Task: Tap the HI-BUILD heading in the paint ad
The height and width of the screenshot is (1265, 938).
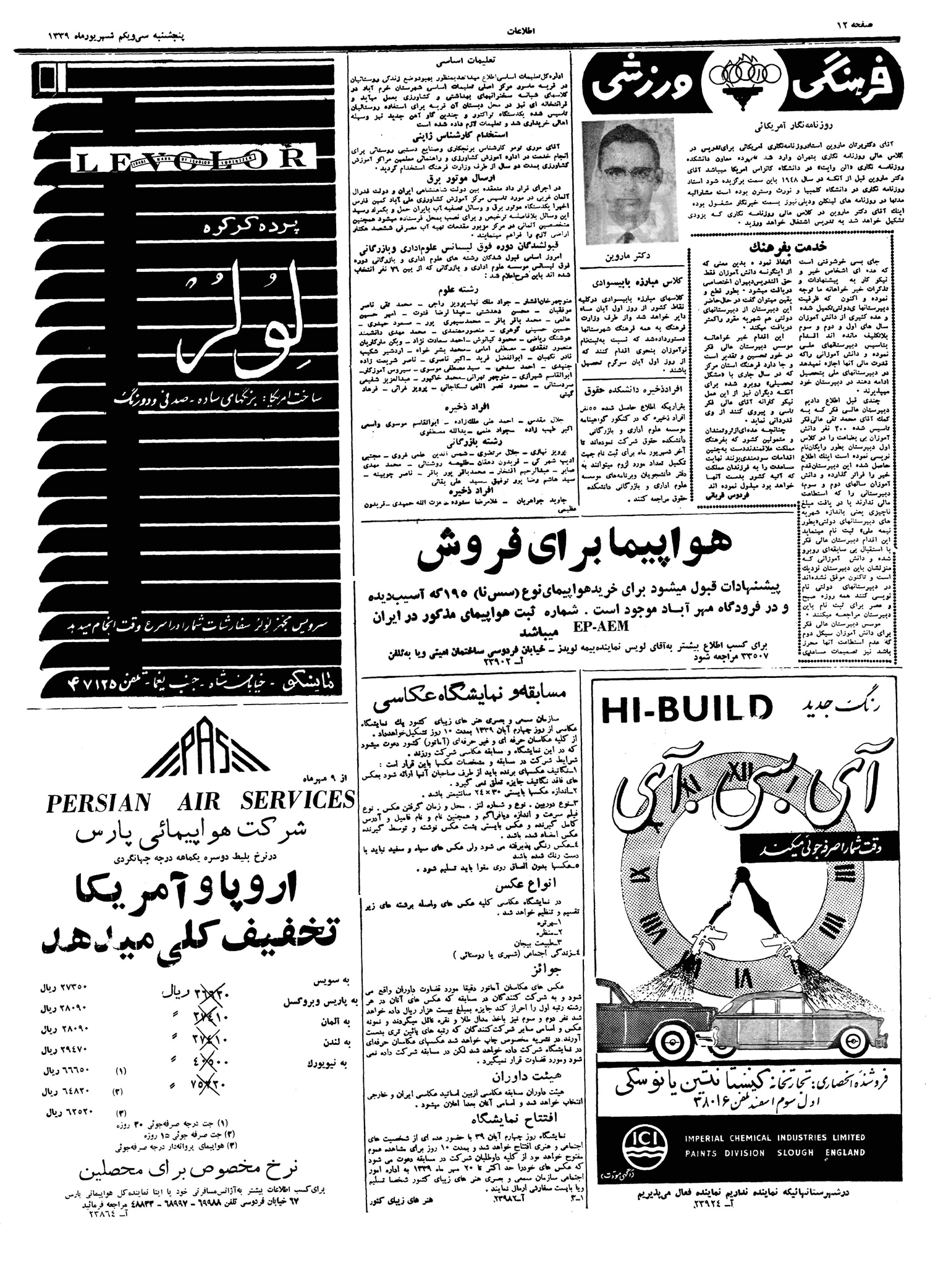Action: tap(686, 709)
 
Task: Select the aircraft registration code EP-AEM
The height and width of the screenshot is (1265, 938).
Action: tap(599, 626)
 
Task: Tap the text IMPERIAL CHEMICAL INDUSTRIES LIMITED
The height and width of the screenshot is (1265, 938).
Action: tap(774, 1136)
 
